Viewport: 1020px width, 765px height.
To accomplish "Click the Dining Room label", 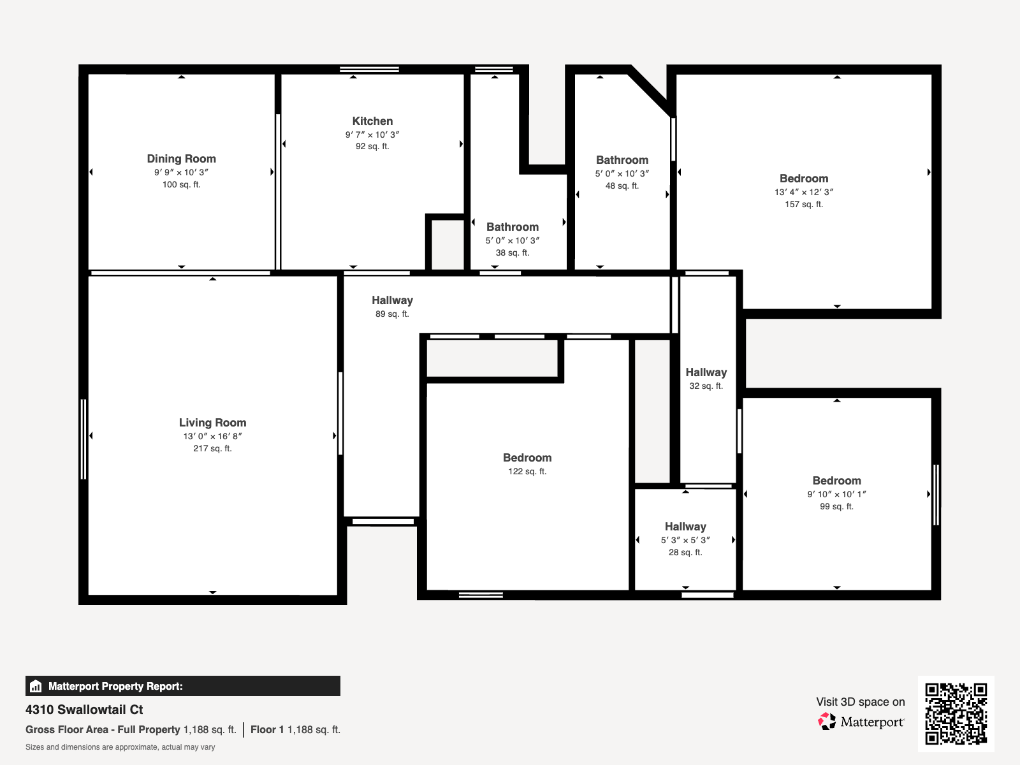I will (181, 159).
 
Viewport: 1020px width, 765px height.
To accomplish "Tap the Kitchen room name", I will (372, 121).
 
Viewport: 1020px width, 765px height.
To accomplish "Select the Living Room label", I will (212, 423).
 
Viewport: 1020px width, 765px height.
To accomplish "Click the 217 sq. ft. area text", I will (212, 449).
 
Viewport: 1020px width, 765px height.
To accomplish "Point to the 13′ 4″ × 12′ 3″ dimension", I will (804, 192).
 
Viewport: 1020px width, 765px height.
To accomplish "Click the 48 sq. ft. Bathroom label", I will (622, 160).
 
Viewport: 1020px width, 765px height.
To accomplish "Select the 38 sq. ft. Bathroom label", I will (512, 227).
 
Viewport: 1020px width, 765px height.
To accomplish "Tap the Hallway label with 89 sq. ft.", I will (392, 300).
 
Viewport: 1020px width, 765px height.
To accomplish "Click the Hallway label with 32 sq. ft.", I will (706, 372).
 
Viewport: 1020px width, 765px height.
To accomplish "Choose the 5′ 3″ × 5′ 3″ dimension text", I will (685, 540).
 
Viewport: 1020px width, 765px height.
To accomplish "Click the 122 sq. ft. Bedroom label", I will (527, 458).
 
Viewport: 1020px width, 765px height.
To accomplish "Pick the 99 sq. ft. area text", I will (836, 507).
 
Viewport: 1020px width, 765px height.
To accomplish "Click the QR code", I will (956, 713).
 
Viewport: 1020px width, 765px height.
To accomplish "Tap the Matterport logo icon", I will (827, 722).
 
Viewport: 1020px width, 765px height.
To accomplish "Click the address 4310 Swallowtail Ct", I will (84, 710).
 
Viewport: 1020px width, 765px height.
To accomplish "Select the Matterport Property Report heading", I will (115, 687).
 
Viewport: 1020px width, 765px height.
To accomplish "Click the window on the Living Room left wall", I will (84, 439).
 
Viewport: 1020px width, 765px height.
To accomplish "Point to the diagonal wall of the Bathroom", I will (650, 91).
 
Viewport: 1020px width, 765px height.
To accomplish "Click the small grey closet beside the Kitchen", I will (448, 245).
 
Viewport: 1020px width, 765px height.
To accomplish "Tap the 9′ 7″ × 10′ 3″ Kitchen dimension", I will (372, 135).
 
